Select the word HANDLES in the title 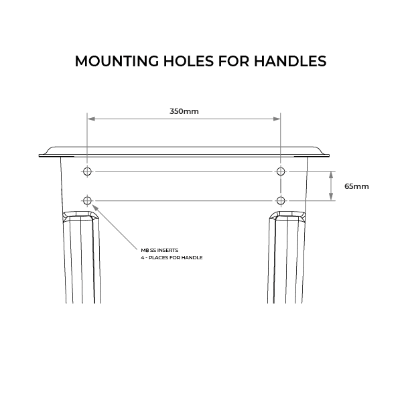point(292,61)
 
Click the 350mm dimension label point(184,111)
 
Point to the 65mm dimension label point(356,186)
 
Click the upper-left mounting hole point(87,172)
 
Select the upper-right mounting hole point(281,172)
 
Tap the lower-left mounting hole point(87,200)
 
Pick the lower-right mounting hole point(281,200)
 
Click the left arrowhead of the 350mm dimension point(90,119)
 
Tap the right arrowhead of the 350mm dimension point(277,119)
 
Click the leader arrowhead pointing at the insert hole point(94,206)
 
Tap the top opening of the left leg point(82,216)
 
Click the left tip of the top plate point(40,155)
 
